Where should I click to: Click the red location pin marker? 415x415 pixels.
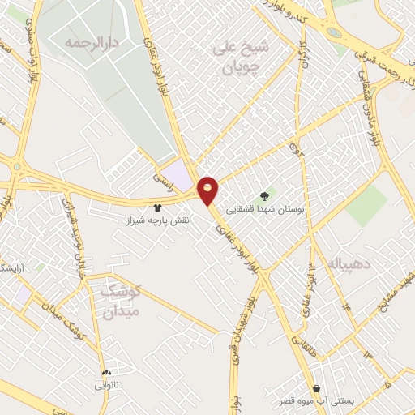coord(208,189)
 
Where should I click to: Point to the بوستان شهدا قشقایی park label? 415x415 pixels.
coord(264,208)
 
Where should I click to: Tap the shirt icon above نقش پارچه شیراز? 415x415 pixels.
coord(157,207)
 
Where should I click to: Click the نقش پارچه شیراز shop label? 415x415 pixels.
coord(158,220)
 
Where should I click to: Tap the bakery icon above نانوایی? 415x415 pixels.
coord(106,372)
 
